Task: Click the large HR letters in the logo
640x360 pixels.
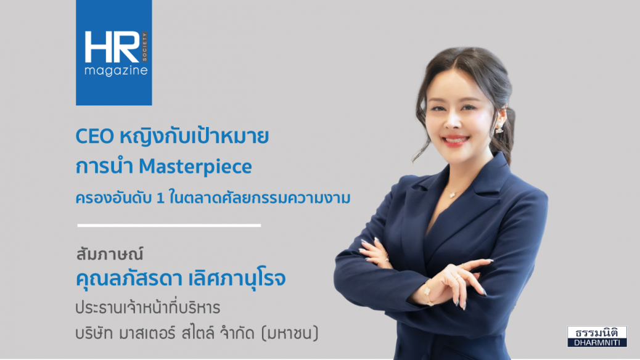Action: pyautogui.click(x=112, y=47)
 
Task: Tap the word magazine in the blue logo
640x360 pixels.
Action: pyautogui.click(x=116, y=71)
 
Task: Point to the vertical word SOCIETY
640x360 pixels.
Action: pyautogui.click(x=144, y=47)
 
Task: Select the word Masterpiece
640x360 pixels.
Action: pyautogui.click(x=195, y=166)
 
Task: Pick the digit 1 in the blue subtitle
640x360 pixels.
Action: pyautogui.click(x=160, y=198)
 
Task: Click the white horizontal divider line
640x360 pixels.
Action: pyautogui.click(x=169, y=225)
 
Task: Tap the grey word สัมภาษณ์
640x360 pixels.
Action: pyautogui.click(x=109, y=254)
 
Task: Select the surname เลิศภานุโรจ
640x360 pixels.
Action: pyautogui.click(x=237, y=278)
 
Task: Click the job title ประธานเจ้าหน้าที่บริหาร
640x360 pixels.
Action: pyautogui.click(x=148, y=308)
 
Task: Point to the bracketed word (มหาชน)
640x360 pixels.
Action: pyautogui.click(x=290, y=333)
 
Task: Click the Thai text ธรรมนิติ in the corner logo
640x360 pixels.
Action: pyautogui.click(x=597, y=332)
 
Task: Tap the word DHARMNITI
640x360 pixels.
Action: pyautogui.click(x=597, y=343)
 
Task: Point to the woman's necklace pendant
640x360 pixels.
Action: pyautogui.click(x=452, y=194)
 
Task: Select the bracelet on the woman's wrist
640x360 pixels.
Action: pyautogui.click(x=427, y=292)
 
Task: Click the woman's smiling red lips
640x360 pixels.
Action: pyautogui.click(x=455, y=141)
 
